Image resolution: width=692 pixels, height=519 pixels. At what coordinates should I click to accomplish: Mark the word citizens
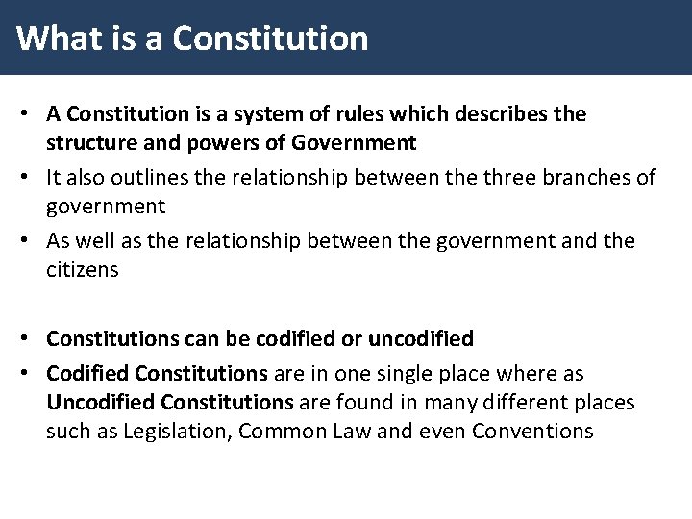(x=82, y=270)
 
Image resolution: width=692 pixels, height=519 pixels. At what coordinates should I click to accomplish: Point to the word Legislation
(x=178, y=432)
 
